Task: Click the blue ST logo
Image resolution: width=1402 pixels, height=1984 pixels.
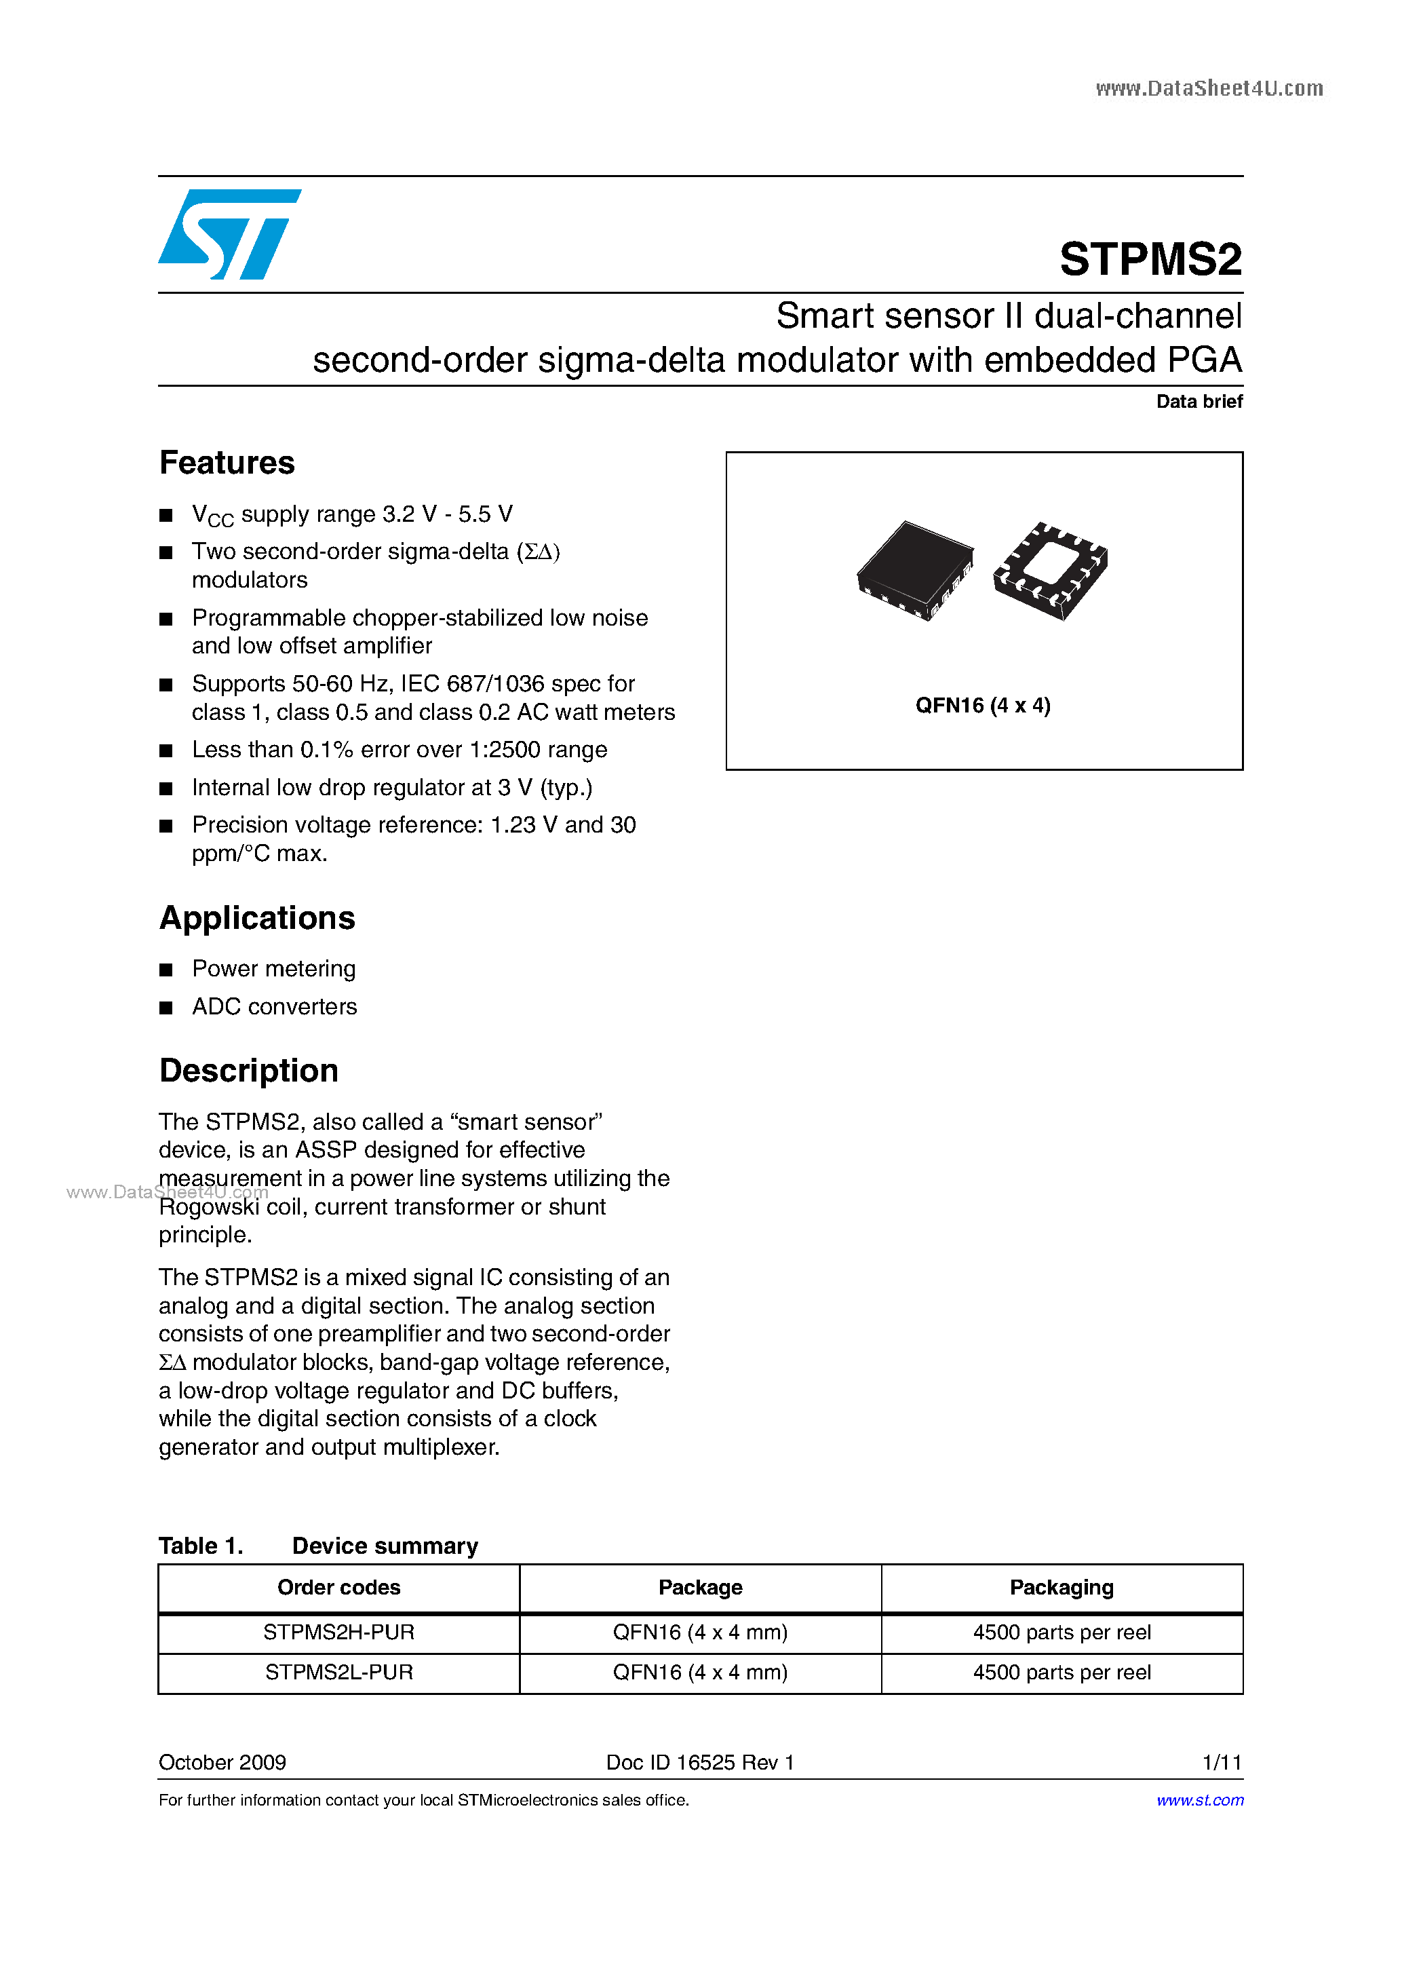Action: pos(229,234)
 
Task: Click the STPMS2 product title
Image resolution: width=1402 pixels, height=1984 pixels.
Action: pos(1150,259)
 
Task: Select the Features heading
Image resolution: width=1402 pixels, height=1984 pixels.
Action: pos(227,463)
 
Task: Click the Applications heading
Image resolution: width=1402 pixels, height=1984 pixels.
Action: pos(258,917)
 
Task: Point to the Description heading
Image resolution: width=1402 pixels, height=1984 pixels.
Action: pos(249,1071)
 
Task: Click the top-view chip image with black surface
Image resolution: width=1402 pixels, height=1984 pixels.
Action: pos(915,569)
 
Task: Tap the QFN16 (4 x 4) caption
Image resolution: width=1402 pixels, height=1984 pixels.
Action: pos(983,706)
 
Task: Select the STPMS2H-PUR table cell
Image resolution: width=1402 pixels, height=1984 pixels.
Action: pos(338,1633)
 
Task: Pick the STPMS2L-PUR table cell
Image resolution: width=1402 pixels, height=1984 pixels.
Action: pos(338,1672)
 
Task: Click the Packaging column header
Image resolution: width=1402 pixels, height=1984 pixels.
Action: pos(1061,1587)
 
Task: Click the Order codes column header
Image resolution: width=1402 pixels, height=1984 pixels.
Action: pos(338,1587)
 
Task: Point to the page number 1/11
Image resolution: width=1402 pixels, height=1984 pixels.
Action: pos(1222,1762)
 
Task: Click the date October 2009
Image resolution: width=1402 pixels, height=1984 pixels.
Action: pos(222,1762)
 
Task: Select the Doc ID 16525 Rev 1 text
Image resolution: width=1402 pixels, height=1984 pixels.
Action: pos(700,1762)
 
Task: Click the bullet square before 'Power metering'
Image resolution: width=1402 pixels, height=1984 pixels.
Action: pos(166,970)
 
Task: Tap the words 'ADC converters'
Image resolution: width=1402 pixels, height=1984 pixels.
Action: pos(274,1007)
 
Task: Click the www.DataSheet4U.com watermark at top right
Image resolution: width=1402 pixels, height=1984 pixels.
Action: pos(1209,88)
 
